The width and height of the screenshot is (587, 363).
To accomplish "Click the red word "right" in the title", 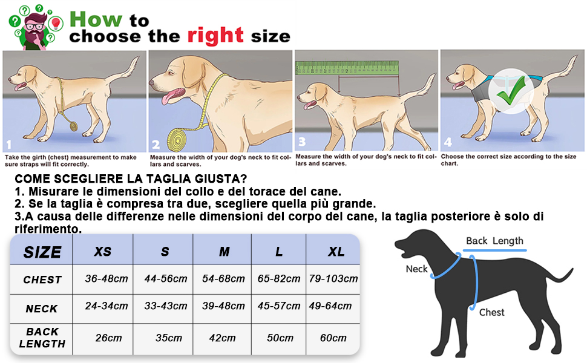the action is coord(215,36).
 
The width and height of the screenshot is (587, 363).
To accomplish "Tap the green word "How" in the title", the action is coord(96,19).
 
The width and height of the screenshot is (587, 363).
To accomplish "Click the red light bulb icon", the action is coord(56,23).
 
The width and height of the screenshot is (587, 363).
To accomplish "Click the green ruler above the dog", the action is coord(347,68).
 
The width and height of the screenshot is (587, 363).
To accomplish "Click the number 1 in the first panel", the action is coord(9,145).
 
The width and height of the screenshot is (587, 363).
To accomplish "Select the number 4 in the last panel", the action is coord(448,142).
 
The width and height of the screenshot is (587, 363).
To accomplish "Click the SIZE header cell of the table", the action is coord(42,252).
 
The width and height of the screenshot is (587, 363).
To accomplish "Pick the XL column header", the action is coord(336,252).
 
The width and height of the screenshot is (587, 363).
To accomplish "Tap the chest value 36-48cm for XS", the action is coord(107,279).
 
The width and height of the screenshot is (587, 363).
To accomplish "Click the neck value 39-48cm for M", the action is coord(223,306).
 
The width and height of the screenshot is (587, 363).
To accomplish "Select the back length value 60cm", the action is coord(333,338).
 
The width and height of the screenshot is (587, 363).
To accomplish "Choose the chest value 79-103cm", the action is coord(333,279).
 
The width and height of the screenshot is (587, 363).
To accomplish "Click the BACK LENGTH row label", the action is coord(42,338).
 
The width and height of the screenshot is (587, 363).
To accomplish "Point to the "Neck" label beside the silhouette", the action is coord(417,269).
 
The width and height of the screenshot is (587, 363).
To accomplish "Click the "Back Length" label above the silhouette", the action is coord(494,241).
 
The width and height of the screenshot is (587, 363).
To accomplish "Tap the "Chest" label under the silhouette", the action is coord(491,312).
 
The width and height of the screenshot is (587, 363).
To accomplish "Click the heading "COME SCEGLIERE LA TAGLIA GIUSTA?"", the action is coord(131,179).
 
